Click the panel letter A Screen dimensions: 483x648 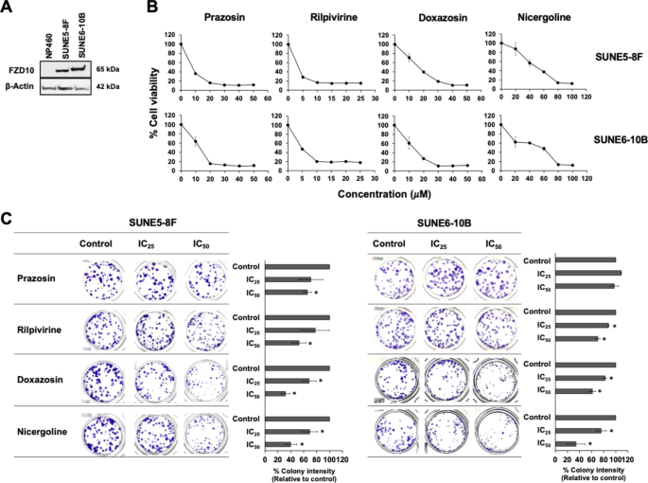(x=8, y=9)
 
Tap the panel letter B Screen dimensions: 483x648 (x=152, y=9)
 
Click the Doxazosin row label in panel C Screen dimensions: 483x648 (x=41, y=381)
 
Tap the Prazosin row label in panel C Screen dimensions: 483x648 (x=39, y=278)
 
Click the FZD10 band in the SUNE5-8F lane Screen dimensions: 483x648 (x=64, y=68)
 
